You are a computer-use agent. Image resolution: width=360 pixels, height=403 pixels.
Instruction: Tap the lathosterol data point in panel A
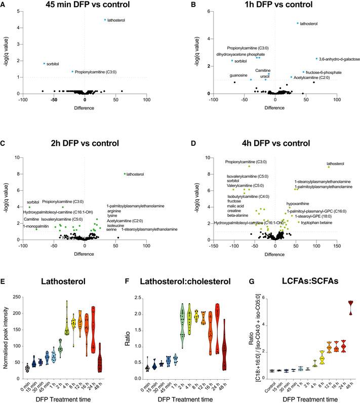click(x=105, y=20)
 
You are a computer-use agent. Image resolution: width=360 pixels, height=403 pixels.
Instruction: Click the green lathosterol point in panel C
click(x=125, y=174)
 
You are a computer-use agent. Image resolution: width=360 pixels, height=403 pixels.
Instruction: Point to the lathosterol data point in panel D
click(x=329, y=167)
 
